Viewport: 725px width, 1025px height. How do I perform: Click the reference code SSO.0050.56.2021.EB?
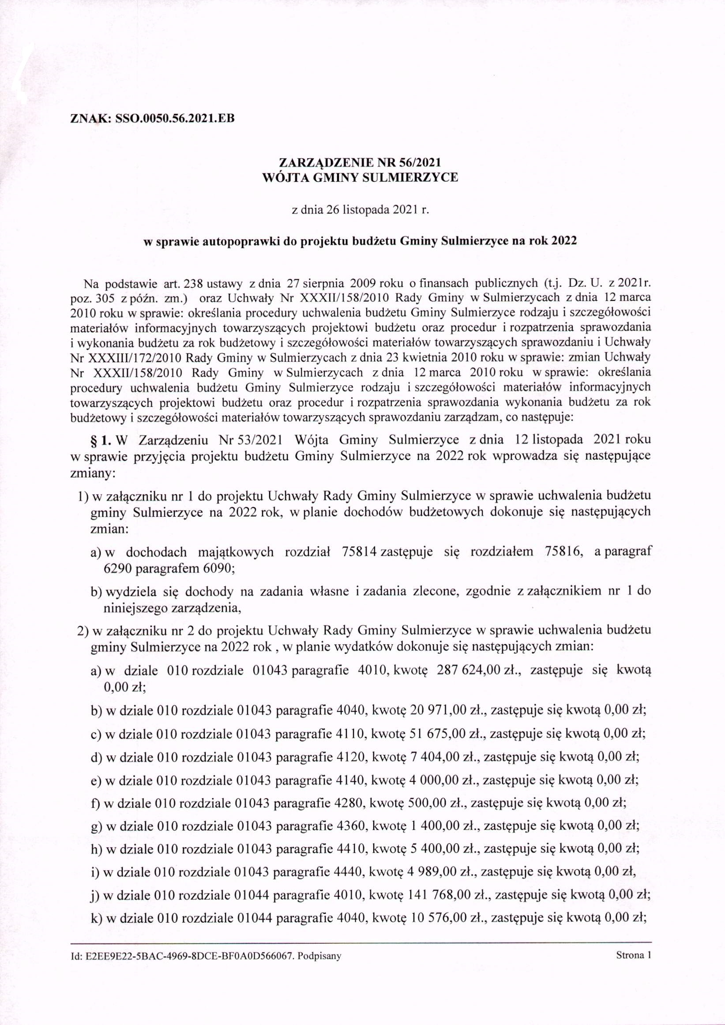pyautogui.click(x=175, y=119)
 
